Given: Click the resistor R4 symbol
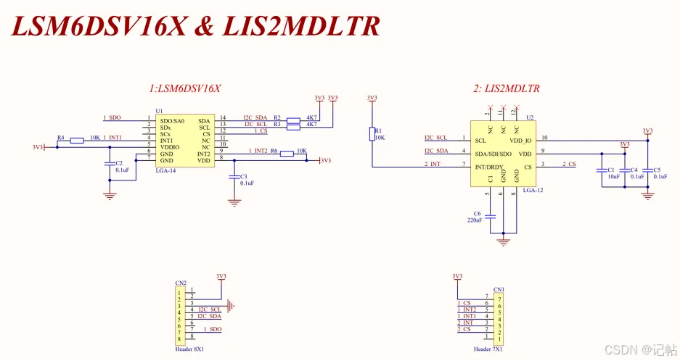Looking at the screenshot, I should pos(77,140).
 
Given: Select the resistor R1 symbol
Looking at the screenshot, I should pos(372,134).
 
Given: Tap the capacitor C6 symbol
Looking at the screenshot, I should pos(491,216).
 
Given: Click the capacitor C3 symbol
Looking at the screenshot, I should pos(234,176).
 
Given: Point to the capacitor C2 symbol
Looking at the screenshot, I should pos(109,164).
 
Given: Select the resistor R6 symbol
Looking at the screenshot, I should pos(287,153).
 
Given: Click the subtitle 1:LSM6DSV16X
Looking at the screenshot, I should pos(185,88).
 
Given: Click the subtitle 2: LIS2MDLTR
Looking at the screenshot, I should pos(506,88).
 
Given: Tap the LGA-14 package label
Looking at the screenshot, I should pos(167,170).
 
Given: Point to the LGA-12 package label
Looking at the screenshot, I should pos(532,190).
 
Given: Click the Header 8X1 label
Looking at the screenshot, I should pos(189,349).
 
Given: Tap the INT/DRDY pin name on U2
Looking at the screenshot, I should pos(490,167).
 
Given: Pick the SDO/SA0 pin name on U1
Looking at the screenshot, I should pos(172,120).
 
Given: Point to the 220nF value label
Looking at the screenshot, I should pos(475,220).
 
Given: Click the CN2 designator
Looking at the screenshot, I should pos(181,283).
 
